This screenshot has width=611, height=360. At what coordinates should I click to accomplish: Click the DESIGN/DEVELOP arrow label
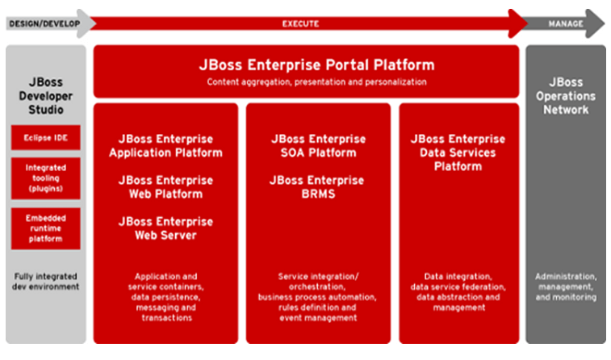[x=44, y=23]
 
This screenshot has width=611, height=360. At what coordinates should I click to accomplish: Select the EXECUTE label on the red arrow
[x=300, y=23]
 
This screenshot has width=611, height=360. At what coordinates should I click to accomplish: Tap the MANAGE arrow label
[x=566, y=23]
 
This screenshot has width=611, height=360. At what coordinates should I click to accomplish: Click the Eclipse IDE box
[x=45, y=137]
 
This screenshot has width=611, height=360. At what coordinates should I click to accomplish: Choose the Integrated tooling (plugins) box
[x=45, y=178]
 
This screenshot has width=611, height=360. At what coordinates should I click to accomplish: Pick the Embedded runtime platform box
[x=45, y=228]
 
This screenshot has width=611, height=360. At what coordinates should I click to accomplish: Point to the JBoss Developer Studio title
[x=45, y=96]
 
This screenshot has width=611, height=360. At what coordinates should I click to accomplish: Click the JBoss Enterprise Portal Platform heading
[x=316, y=65]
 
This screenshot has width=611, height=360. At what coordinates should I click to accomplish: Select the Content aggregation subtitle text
[x=316, y=82]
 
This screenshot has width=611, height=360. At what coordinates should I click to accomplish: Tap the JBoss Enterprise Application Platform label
[x=165, y=146]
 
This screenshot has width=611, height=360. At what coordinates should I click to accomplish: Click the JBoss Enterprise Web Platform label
[x=165, y=187]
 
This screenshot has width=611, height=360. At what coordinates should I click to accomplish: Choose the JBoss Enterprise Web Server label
[x=165, y=228]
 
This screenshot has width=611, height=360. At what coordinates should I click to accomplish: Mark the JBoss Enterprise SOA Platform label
[x=318, y=146]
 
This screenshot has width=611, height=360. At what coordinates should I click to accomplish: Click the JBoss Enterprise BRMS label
[x=317, y=187]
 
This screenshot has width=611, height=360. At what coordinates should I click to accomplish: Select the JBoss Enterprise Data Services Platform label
[x=458, y=153]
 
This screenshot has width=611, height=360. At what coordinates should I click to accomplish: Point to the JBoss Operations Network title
[x=566, y=96]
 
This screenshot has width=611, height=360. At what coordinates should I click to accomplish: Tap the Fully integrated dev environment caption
[x=45, y=281]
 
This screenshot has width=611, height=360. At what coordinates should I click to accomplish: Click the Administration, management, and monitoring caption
[x=566, y=287]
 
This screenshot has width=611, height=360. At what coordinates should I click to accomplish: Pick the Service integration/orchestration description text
[x=317, y=297]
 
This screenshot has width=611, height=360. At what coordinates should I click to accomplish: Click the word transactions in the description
[x=167, y=318]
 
